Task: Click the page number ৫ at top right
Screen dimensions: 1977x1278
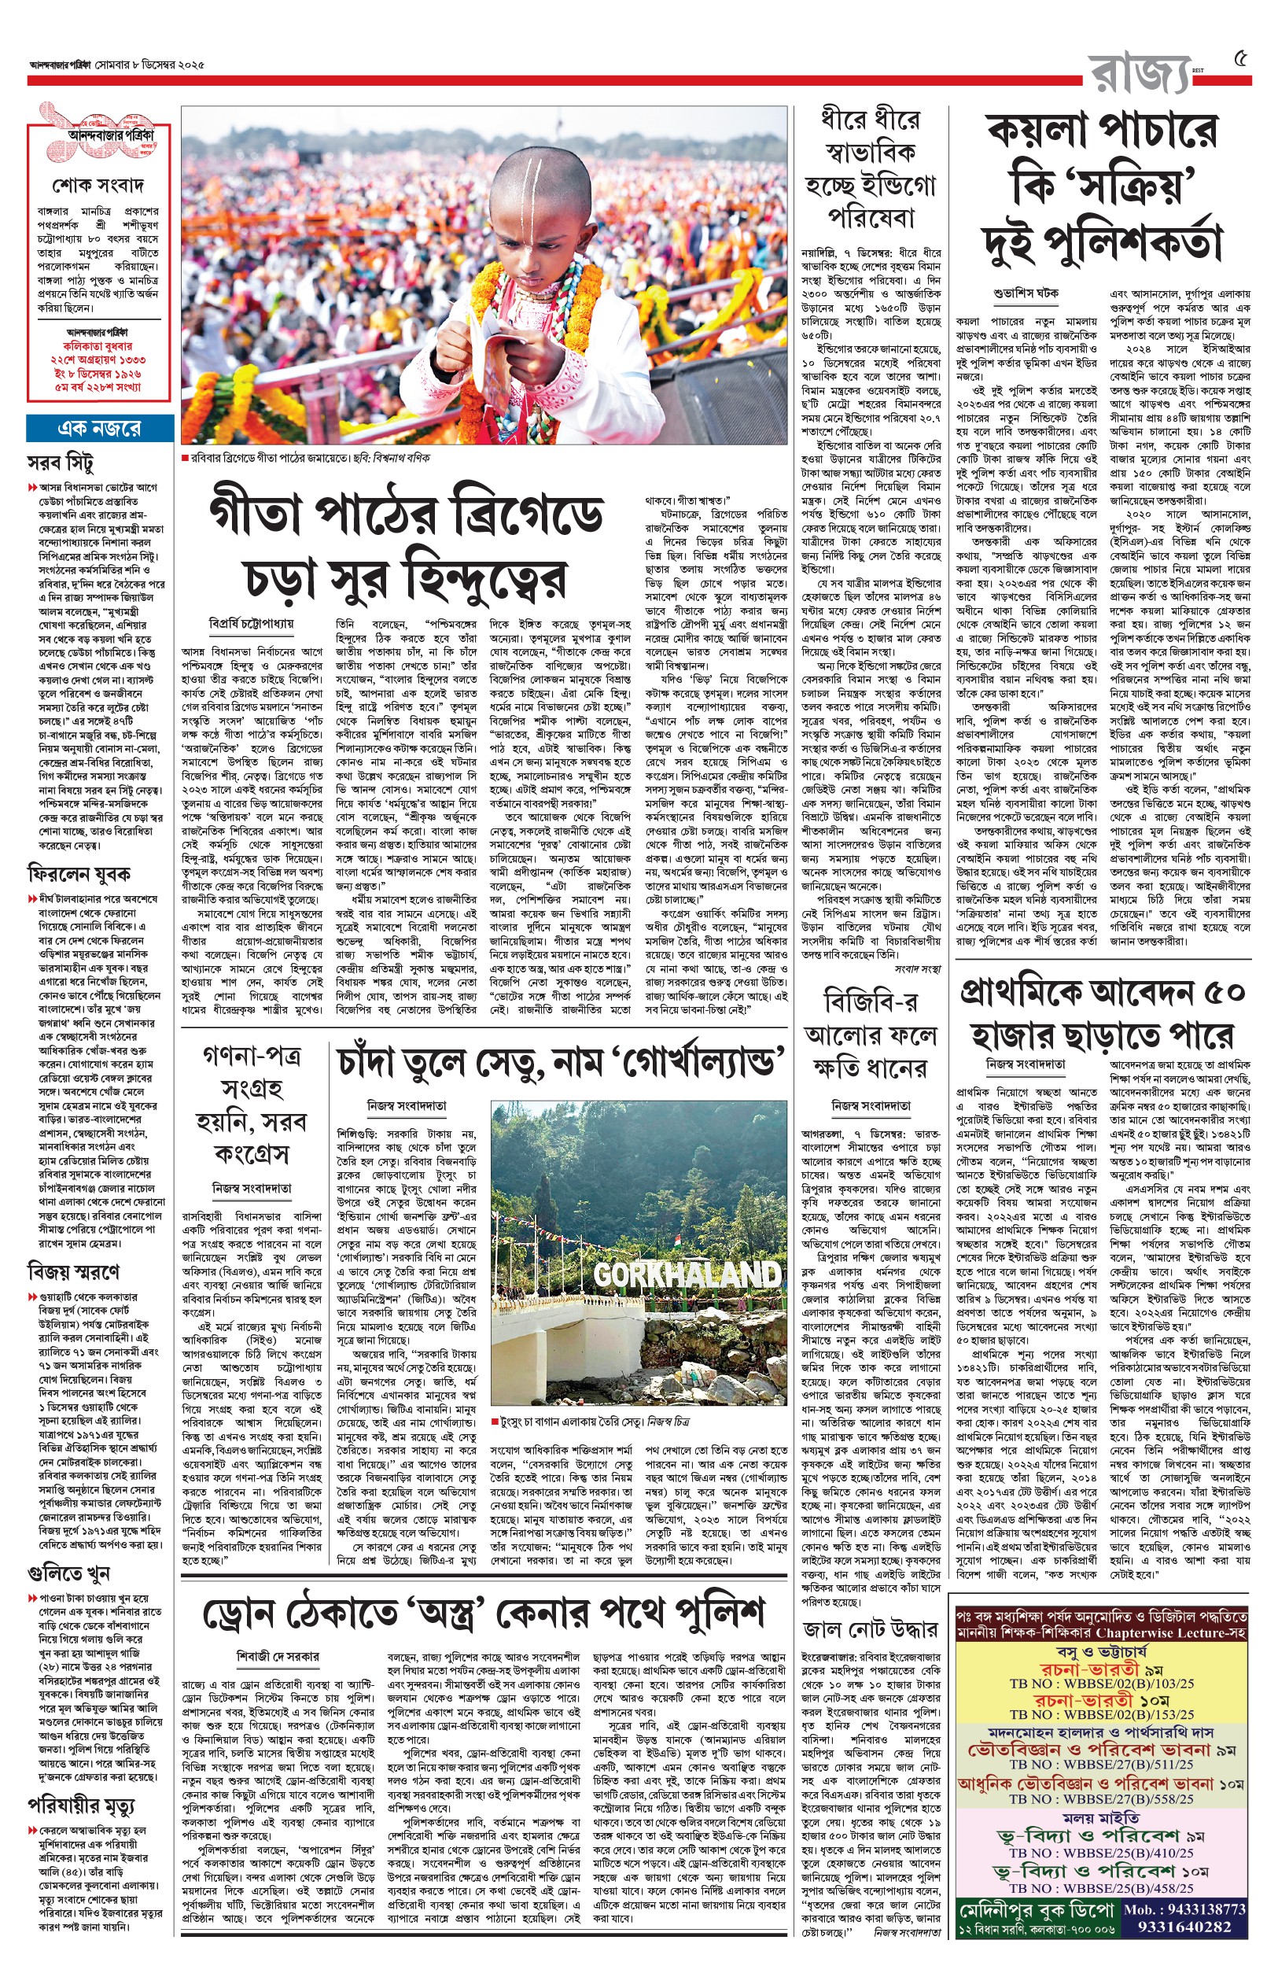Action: tap(1241, 59)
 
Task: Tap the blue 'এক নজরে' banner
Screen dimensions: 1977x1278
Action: tap(99, 428)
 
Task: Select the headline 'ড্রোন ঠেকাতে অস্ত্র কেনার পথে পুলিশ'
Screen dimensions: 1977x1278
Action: tap(483, 1614)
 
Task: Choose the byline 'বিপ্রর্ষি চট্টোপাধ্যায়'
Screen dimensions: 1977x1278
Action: tap(252, 622)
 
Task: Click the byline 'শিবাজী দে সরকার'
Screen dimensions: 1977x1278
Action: tap(277, 1658)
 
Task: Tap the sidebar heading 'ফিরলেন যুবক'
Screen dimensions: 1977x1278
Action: tap(79, 874)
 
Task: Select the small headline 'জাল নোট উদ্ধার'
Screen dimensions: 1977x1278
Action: tap(871, 1629)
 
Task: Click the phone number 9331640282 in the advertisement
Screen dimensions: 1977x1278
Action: tap(1184, 1927)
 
